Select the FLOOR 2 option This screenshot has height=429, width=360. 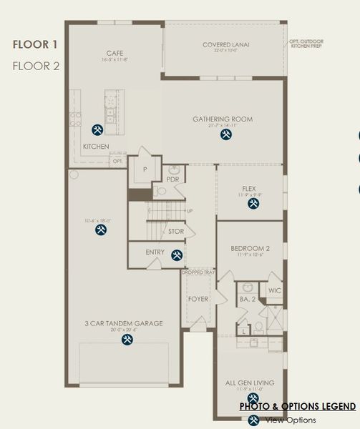coord(36,66)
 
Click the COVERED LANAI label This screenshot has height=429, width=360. coord(225,45)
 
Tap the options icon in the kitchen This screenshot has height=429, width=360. coord(98,129)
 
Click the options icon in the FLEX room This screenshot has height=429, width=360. coord(253,204)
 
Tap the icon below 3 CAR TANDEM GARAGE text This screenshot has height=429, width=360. coord(127,340)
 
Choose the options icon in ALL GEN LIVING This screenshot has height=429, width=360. coord(252,398)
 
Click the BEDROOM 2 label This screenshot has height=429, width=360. coord(250,249)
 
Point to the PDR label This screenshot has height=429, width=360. coord(172,179)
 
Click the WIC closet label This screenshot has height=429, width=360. coord(274,291)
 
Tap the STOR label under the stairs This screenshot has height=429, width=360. coord(176,232)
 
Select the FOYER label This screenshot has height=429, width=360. coord(197,299)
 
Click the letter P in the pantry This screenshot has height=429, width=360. coord(145,169)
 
